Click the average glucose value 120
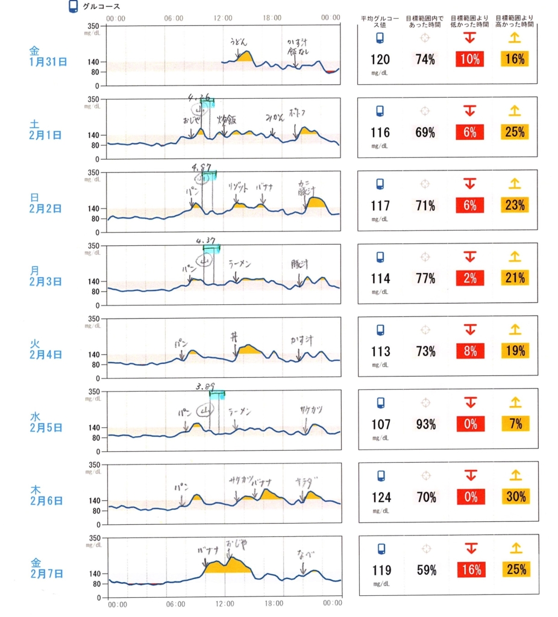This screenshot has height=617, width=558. coord(380,59)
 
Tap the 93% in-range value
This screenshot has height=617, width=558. coord(425,424)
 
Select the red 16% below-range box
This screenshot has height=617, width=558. coord(470,570)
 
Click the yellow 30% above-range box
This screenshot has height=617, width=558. coord(515,497)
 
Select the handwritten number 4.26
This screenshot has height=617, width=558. coord(199,97)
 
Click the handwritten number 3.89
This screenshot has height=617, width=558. coord(206,386)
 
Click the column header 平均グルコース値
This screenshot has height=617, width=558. coord(380,23)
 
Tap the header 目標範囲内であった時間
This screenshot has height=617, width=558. coord(425,23)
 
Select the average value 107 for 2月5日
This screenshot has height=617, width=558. coord(380,424)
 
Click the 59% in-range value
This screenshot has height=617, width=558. coord(425,570)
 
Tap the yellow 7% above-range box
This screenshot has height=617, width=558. coord(515,424)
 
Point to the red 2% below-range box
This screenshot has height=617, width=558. coord(470,278)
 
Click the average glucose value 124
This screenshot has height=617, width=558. coord(380,497)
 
